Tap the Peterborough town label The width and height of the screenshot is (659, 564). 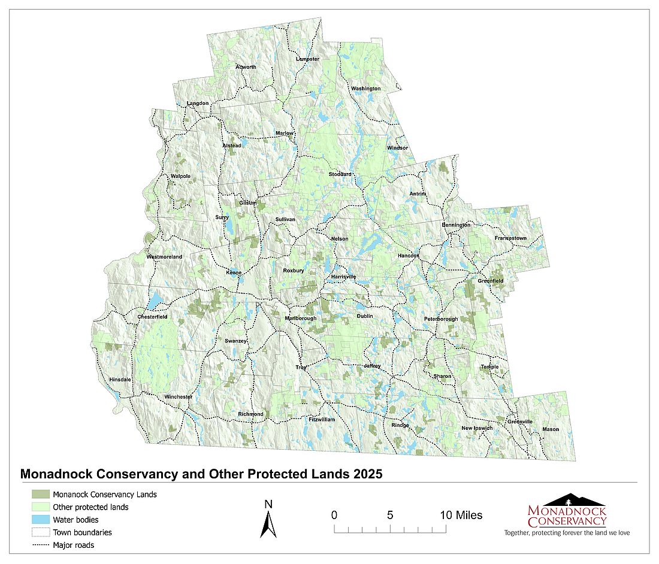[x=441, y=319]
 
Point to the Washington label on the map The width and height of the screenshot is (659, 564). [x=365, y=89]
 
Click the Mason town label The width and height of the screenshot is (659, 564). [x=551, y=429]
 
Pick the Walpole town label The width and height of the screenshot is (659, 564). [x=180, y=176]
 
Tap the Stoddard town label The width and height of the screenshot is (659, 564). [x=340, y=174]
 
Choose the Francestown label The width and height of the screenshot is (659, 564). [x=510, y=238]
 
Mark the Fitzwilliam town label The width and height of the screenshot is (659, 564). [x=322, y=420]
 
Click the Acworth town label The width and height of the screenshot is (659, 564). [x=246, y=67]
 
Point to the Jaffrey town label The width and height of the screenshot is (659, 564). [x=372, y=366]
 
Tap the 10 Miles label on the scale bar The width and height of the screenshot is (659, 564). [x=462, y=515]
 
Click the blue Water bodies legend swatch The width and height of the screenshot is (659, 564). [x=40, y=520]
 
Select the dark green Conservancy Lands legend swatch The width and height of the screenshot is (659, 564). [x=40, y=495]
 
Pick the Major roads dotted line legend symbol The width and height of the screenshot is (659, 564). [x=40, y=545]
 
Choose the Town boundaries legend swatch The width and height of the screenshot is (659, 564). [x=40, y=532]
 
